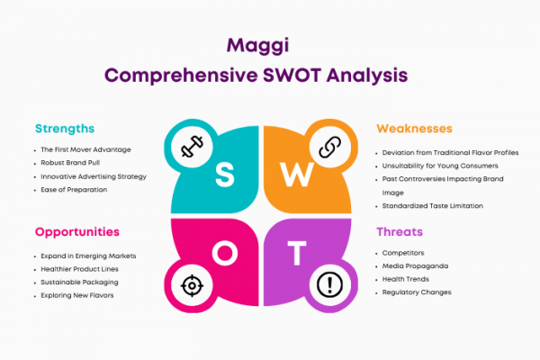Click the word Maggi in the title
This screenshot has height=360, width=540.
(x=257, y=46)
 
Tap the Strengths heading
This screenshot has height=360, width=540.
(x=65, y=129)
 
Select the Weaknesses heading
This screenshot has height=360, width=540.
(x=414, y=129)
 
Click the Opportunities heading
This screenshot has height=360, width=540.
(x=77, y=232)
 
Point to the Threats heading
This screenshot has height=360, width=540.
(x=400, y=232)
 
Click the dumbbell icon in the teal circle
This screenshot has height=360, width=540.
(x=192, y=147)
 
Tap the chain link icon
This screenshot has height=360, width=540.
(x=330, y=147)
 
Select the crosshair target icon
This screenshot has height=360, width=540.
(x=192, y=285)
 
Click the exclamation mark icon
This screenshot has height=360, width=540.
(x=329, y=284)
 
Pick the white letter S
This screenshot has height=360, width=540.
(x=224, y=175)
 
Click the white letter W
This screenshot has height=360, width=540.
(x=296, y=175)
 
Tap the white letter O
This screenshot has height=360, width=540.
(x=225, y=253)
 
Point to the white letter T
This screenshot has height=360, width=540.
(x=297, y=253)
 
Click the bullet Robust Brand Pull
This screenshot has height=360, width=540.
(x=70, y=163)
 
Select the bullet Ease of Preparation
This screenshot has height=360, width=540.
(x=74, y=190)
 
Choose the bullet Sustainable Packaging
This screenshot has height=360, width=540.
(x=79, y=283)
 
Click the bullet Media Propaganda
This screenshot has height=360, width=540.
(x=415, y=266)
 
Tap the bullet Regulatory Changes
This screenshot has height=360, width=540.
(x=417, y=292)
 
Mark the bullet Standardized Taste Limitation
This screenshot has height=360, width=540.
(x=433, y=206)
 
